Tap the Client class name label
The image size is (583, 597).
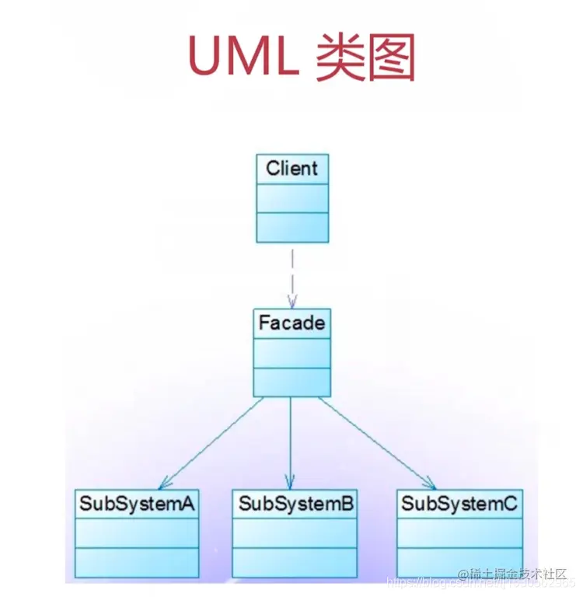point(292,169)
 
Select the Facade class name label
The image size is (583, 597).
point(291,323)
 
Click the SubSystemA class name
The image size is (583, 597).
point(136,504)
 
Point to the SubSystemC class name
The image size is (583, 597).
point(459,504)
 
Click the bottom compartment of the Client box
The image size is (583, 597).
point(292,226)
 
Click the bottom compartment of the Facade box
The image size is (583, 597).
point(291,382)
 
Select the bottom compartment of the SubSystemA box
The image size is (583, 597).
point(136,562)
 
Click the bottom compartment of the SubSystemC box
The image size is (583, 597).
point(459,562)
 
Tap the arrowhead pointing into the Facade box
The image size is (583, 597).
point(292,302)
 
